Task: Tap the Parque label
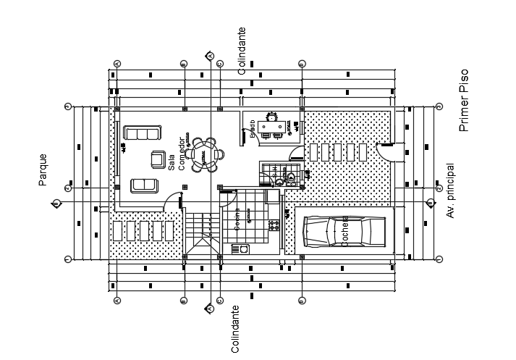43,169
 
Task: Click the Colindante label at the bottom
234,329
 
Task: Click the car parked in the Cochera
343,232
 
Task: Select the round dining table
203,154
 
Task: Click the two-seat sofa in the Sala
144,185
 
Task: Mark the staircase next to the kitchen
202,232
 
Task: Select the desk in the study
273,128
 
